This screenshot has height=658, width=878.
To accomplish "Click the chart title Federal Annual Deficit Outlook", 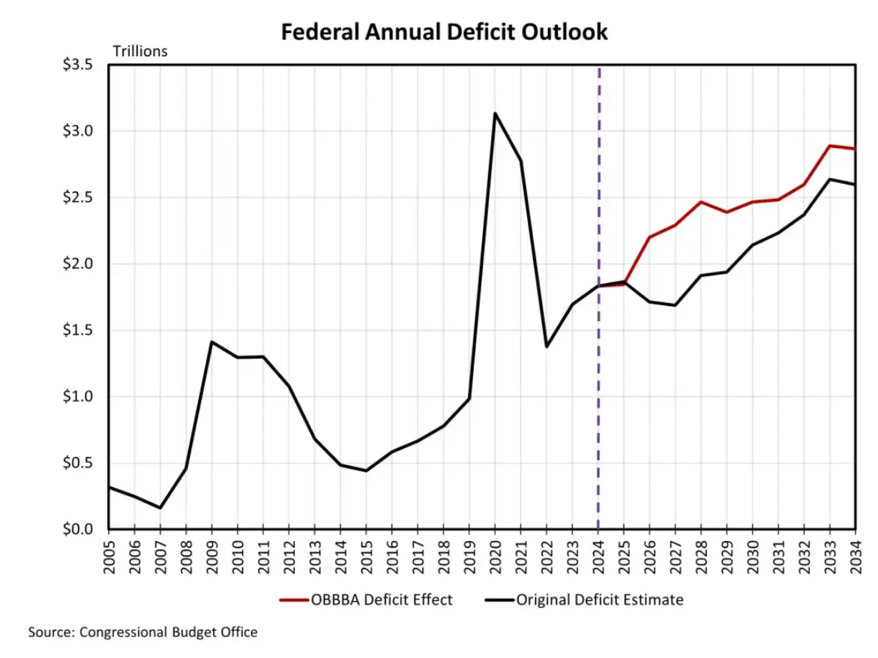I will tap(444, 32).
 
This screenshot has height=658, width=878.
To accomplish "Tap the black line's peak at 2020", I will tap(495, 113).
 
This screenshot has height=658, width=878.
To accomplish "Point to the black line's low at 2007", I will tap(160, 508).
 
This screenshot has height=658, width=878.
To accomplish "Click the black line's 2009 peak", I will tap(211, 342).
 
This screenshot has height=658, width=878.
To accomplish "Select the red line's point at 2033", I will tap(829, 146).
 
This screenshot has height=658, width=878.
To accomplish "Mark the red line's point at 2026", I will tap(649, 237).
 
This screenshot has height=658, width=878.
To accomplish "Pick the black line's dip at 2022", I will tap(547, 347).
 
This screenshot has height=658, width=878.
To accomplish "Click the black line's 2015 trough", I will tap(366, 470).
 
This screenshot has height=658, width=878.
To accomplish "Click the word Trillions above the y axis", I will tap(140, 51).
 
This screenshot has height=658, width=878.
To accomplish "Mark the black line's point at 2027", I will tap(675, 305).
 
